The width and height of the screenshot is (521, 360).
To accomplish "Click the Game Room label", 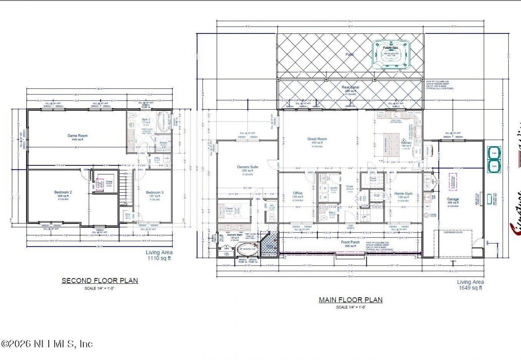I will [x=77, y=136].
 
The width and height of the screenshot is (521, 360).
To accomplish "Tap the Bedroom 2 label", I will [x=63, y=192].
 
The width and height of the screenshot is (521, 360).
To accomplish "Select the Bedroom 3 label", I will [x=155, y=192].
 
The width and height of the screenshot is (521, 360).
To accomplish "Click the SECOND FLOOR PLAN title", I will [x=100, y=281].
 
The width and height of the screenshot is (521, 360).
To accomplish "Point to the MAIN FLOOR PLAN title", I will [x=350, y=300].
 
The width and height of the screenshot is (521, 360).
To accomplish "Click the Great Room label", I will [x=317, y=139].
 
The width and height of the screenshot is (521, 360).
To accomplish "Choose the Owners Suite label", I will [x=247, y=167].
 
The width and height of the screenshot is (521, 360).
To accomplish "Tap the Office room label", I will [x=298, y=193].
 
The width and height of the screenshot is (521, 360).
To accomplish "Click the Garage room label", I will [x=453, y=199].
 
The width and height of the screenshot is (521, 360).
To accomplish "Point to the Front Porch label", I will [x=350, y=242].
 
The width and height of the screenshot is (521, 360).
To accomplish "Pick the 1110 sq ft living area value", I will [x=159, y=258].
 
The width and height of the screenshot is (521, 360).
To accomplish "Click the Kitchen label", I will [x=406, y=143].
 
